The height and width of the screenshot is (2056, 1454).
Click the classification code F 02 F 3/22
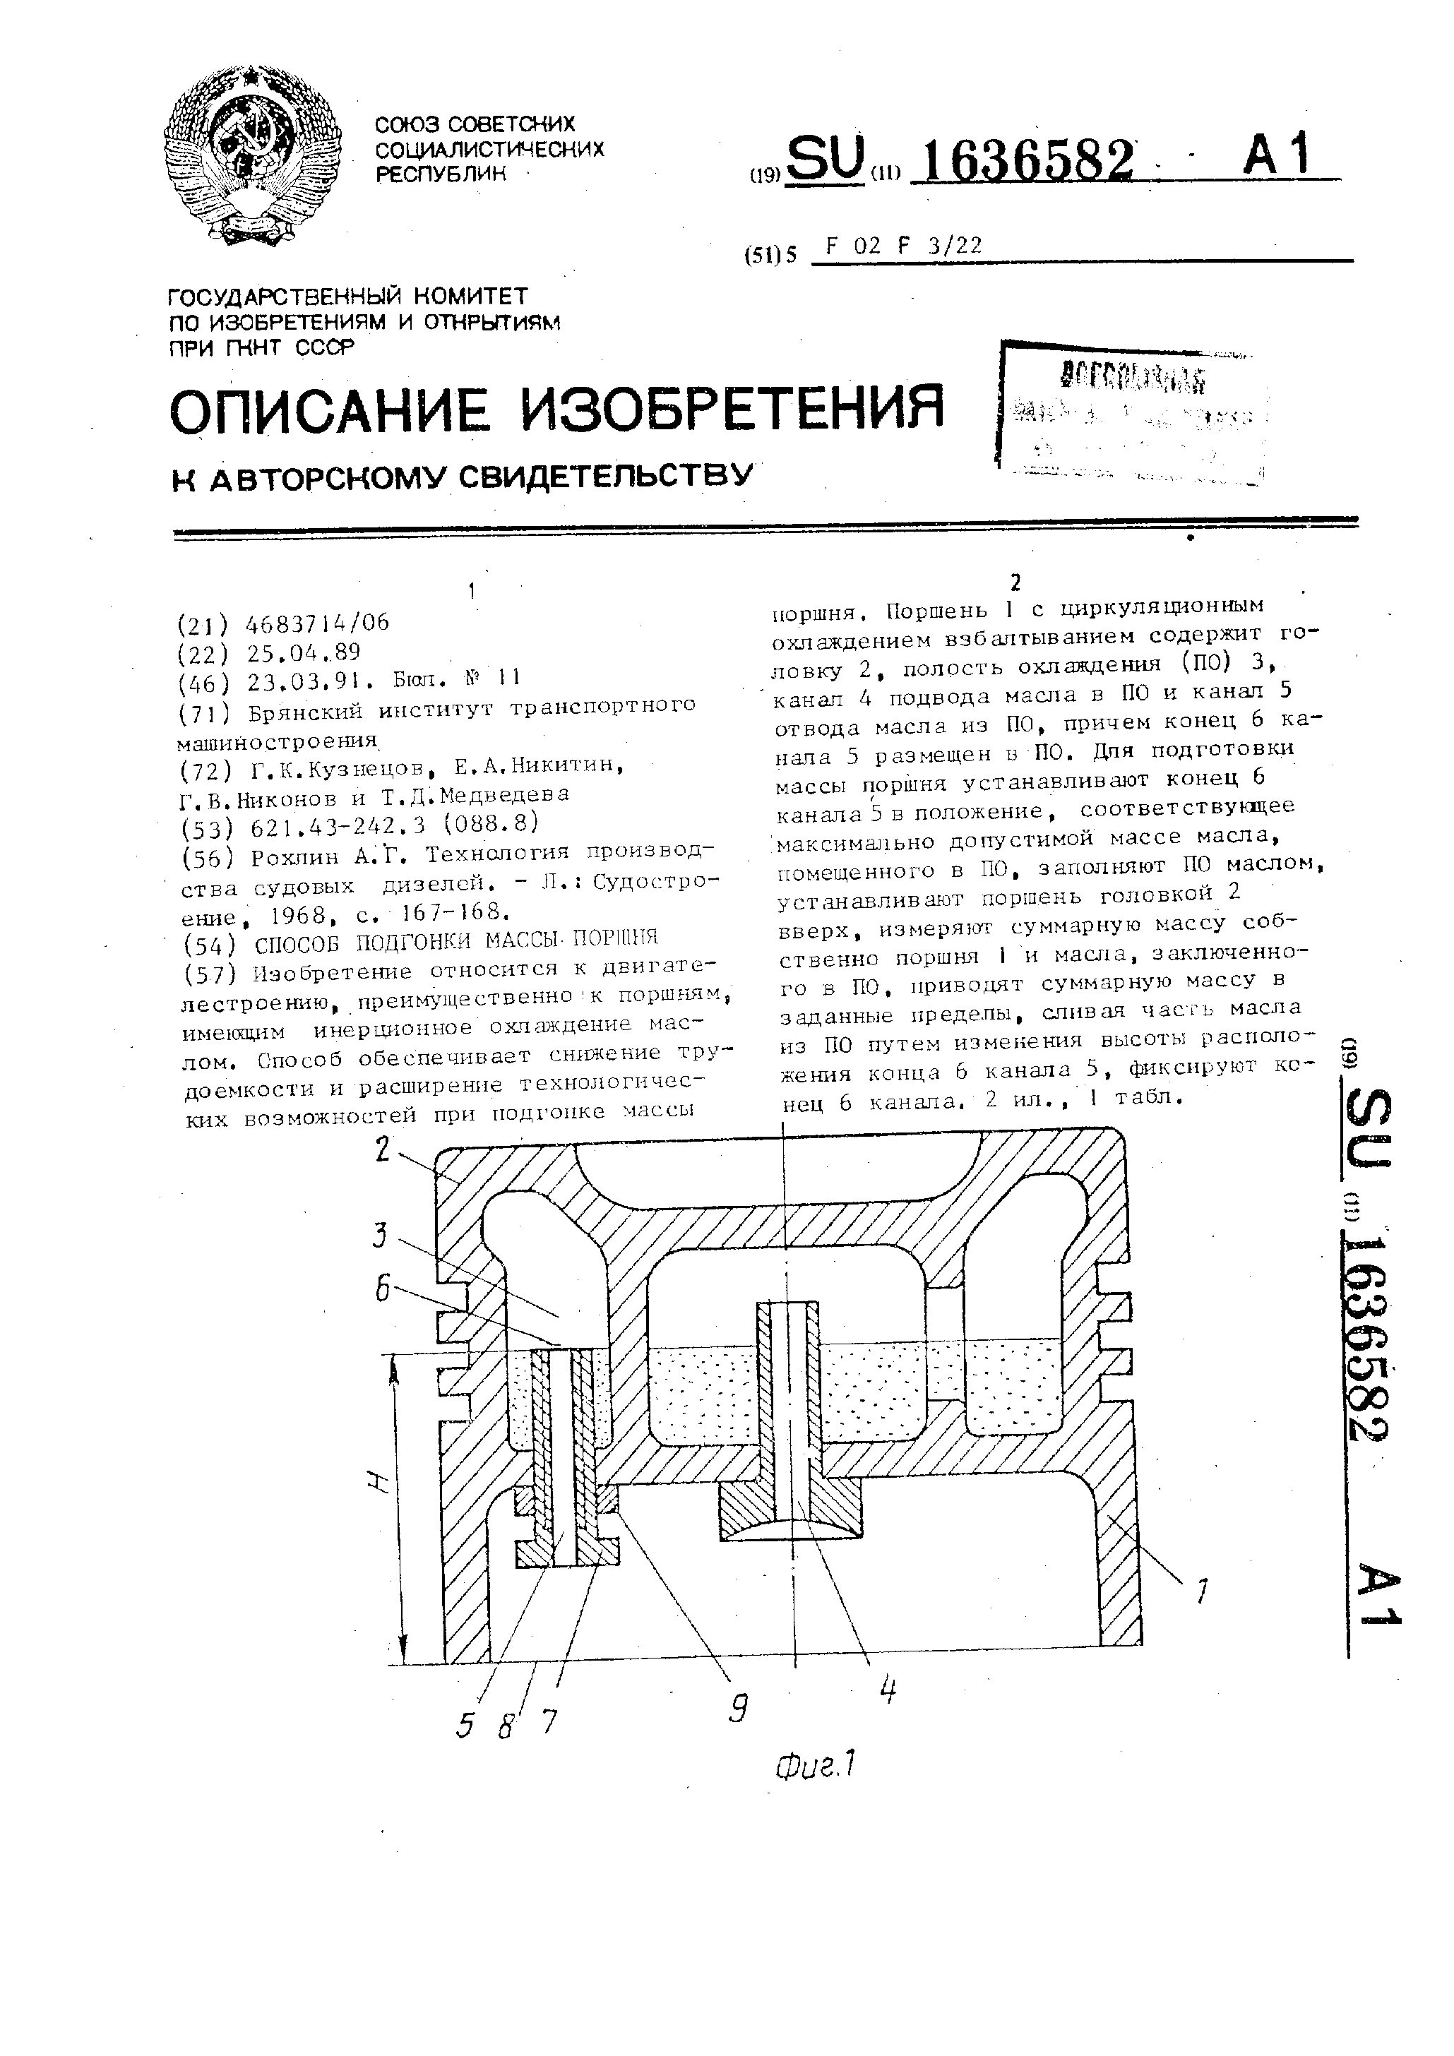pyautogui.click(x=904, y=246)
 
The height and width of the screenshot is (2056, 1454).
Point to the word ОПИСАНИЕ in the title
pyautogui.click(x=330, y=410)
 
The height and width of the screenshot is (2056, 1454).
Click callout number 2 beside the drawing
pyautogui.click(x=383, y=1149)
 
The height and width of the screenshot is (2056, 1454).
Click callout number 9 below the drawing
pyautogui.click(x=737, y=1709)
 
